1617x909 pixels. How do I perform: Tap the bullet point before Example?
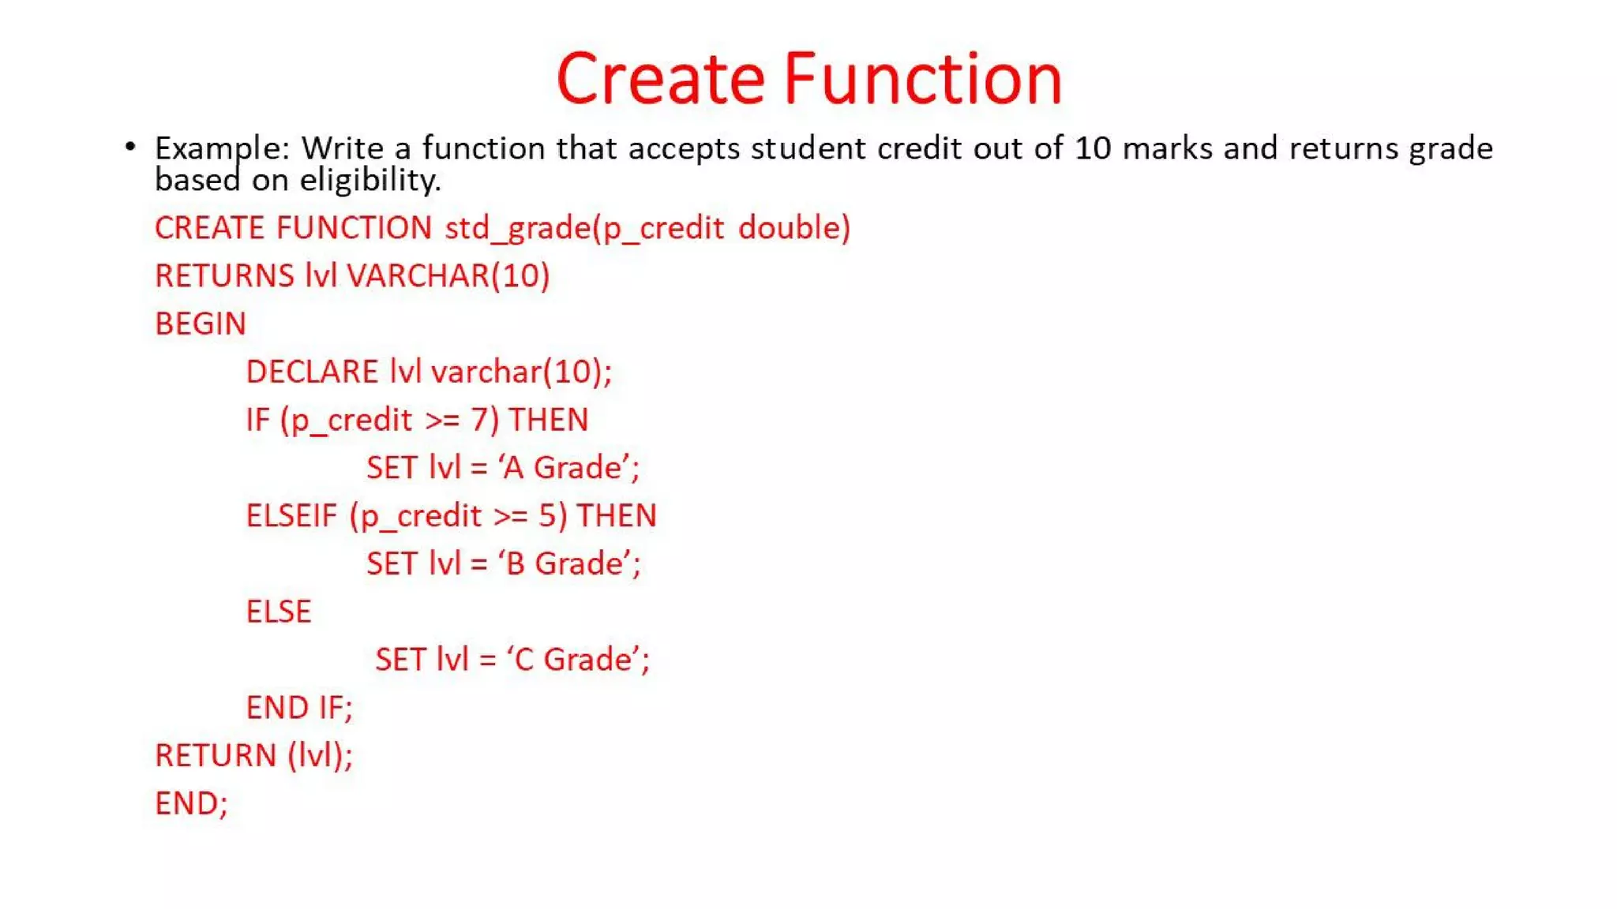click(130, 147)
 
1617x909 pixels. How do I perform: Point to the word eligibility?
click(370, 181)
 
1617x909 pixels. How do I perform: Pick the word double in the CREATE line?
click(793, 228)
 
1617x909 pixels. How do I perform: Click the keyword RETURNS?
click(224, 276)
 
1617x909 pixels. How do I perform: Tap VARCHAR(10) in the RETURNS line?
click(448, 276)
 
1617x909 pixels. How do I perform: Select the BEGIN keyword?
click(201, 324)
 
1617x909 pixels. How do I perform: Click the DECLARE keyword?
click(312, 372)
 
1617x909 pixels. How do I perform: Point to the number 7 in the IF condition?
click(479, 420)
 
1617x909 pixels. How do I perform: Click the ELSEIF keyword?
click(291, 516)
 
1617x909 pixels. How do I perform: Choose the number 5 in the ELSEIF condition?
click(548, 516)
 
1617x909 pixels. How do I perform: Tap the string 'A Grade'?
click(568, 468)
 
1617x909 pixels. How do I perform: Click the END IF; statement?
click(299, 708)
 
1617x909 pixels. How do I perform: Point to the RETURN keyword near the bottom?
click(216, 756)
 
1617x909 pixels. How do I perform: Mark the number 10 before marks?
click(1093, 148)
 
